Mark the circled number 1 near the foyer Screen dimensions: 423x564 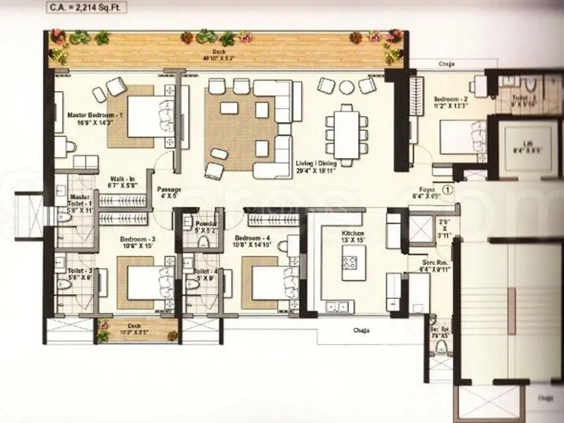[447, 189]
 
